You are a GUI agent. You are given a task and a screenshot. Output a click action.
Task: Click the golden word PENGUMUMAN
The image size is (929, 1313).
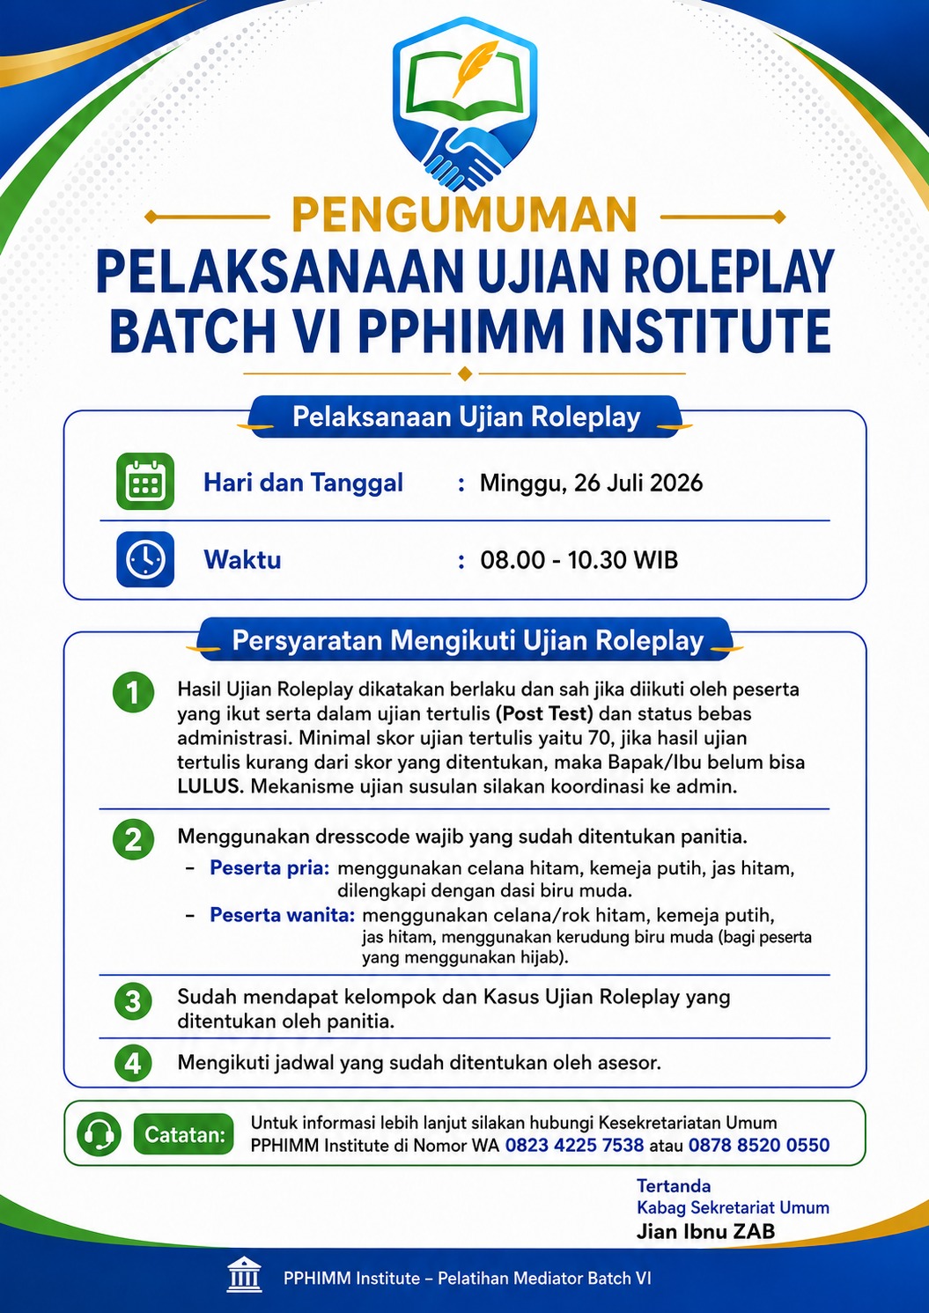pos(464,216)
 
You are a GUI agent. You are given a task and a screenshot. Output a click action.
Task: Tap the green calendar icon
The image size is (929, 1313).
pos(145,481)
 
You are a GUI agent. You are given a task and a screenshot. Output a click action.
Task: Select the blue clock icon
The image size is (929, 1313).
pos(145,559)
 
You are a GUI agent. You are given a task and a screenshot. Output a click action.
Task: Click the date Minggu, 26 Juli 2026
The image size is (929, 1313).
pos(591,483)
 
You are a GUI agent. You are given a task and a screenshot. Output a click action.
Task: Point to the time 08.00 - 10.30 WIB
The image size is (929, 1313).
pos(579,560)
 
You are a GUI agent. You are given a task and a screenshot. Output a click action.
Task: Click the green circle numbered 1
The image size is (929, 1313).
pos(134,693)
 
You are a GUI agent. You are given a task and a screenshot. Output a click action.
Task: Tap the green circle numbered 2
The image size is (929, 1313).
pos(134,839)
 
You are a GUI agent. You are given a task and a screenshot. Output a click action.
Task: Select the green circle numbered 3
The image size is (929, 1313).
pos(134,1000)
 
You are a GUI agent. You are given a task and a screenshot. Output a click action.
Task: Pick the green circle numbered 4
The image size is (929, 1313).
pos(134,1063)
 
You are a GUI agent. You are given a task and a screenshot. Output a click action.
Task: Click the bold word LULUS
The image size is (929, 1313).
pos(210,786)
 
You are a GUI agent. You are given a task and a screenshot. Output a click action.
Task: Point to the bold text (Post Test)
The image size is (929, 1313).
pos(544,714)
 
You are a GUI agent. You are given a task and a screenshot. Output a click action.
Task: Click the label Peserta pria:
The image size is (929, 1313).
pos(269,867)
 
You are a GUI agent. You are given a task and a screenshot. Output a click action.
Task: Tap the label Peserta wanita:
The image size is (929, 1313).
pos(283,914)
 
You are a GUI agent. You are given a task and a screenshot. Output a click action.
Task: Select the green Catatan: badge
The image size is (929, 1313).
pos(183,1135)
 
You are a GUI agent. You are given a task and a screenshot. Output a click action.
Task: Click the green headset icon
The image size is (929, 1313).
pos(99,1134)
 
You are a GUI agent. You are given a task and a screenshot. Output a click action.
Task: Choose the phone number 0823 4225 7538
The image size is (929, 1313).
pos(574,1145)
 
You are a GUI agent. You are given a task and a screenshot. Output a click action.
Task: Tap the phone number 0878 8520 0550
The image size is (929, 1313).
pos(759,1145)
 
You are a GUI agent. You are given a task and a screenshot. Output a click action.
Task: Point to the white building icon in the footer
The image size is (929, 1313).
pos(245,1274)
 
